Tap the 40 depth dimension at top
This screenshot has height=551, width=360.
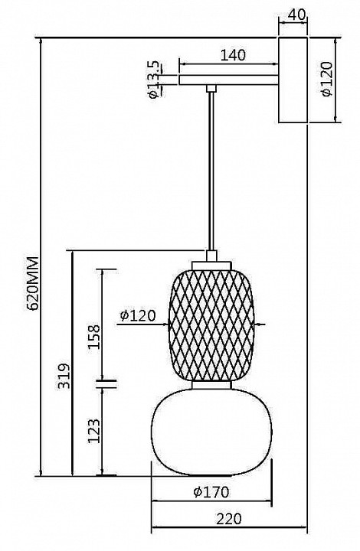(294, 14)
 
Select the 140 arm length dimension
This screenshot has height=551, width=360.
(232, 55)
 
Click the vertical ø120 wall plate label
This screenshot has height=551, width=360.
(327, 79)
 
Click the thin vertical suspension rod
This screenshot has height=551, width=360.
(209, 168)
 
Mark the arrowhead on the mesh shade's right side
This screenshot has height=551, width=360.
(260, 325)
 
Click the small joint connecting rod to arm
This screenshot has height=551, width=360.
(209, 89)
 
